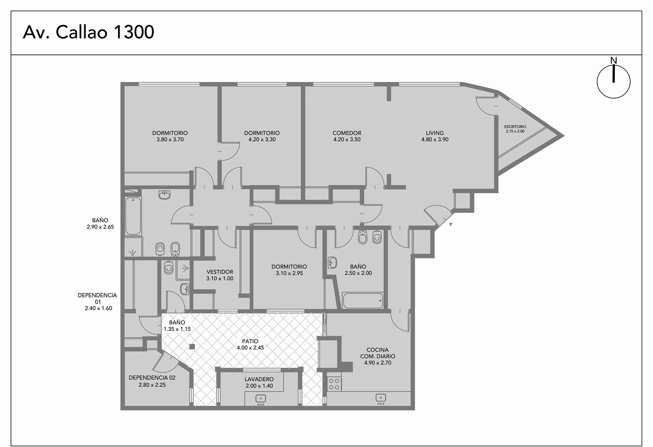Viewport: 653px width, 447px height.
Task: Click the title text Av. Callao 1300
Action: click(88, 32)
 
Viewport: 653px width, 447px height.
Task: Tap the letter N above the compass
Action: click(614, 60)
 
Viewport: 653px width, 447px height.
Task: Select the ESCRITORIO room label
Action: click(515, 126)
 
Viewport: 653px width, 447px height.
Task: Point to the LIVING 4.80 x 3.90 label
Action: click(435, 136)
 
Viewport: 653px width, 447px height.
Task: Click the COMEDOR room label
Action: click(347, 133)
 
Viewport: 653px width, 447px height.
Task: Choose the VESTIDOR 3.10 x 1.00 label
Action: click(220, 275)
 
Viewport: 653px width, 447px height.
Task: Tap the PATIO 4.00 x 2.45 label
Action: click(250, 344)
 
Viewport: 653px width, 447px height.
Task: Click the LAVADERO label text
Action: click(259, 379)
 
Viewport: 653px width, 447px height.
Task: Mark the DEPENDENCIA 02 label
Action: click(152, 377)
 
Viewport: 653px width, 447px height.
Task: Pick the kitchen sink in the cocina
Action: click(381, 399)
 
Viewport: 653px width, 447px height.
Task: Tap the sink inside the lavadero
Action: click(260, 399)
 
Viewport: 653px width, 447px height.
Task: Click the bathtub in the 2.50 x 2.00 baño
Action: click(363, 301)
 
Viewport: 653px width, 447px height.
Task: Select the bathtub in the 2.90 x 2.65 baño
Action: click(133, 216)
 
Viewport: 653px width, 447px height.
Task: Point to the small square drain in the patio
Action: click(192, 347)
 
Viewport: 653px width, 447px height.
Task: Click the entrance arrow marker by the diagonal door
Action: click(451, 224)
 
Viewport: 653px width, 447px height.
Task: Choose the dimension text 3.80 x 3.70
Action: click(170, 139)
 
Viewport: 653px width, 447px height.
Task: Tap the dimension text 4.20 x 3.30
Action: click(262, 139)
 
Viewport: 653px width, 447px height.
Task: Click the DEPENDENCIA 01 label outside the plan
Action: click(97, 302)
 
